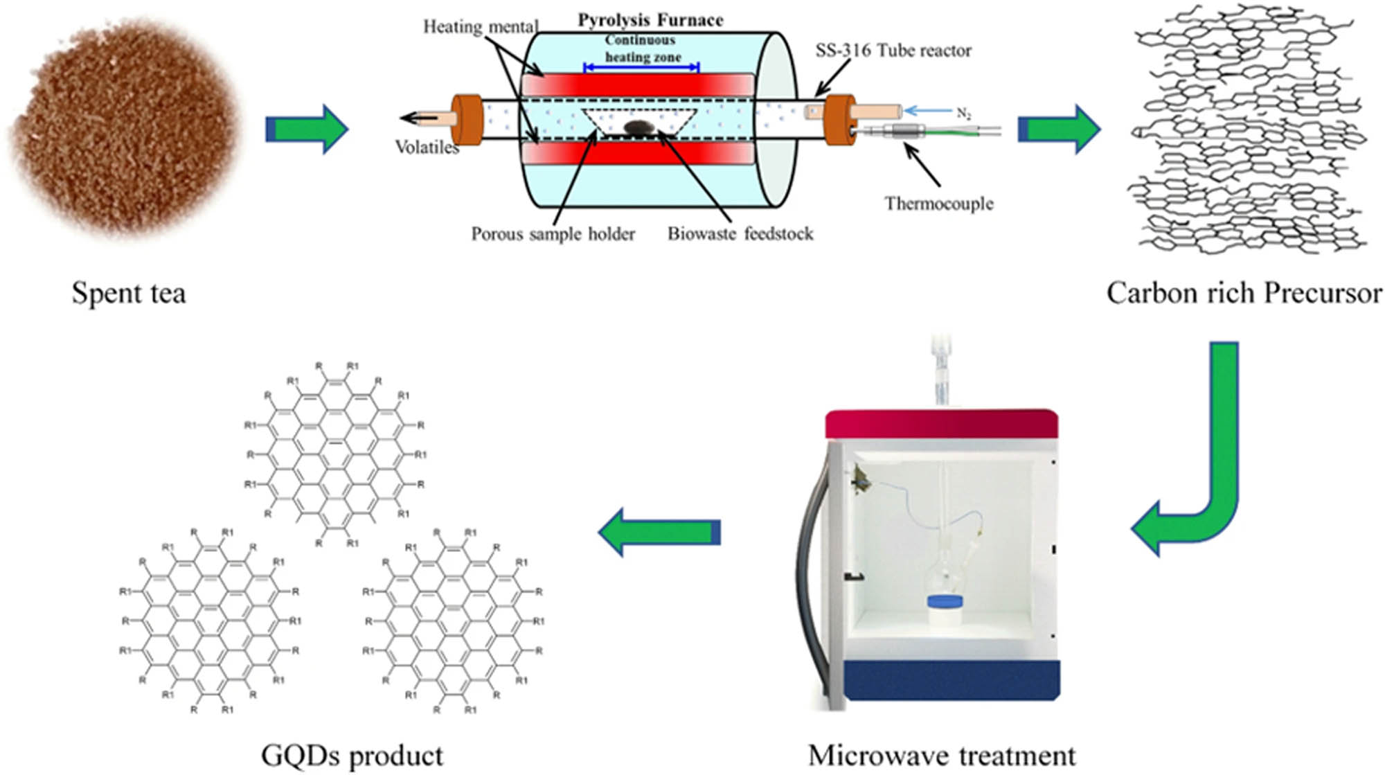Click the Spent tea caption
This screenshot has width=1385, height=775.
pos(129,294)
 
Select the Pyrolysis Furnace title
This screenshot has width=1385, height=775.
pos(650,20)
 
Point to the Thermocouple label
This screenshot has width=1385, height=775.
pos(938,204)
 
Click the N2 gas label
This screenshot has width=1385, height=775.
pos(963,113)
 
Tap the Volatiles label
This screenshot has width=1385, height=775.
pos(427,147)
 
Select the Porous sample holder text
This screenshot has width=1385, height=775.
pos(553,234)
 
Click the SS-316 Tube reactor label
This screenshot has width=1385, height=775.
pos(893,51)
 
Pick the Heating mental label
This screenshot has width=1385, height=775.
pos(480,27)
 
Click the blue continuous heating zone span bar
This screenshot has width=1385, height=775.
pos(641,67)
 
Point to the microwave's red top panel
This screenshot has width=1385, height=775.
pos(941,424)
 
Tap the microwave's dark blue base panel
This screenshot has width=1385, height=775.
pos(951,679)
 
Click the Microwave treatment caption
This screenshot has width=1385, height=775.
pos(941,756)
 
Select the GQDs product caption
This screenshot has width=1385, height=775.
pos(352,756)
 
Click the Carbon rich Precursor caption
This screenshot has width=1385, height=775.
pos(1244,294)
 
